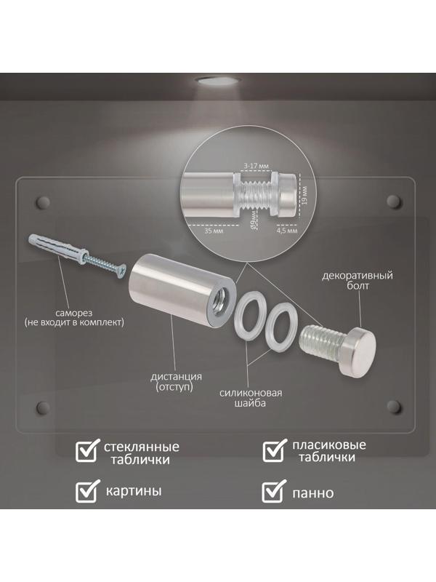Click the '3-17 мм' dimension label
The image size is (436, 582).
point(256,166)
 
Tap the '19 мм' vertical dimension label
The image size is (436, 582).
point(304,194)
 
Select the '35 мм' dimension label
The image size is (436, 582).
point(214,231)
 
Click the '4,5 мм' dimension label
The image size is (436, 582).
point(287,231)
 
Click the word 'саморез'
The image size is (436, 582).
point(74,313)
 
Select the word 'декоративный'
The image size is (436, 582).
point(358,276)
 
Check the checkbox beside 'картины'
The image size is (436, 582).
point(87,490)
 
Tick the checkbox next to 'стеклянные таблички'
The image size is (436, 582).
point(87,450)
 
